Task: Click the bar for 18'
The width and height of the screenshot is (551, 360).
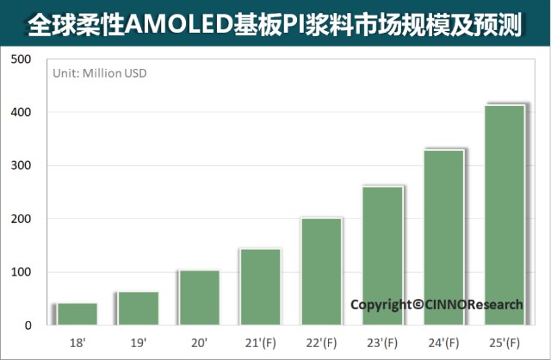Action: pos(77,314)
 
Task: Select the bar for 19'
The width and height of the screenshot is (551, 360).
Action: pos(138,308)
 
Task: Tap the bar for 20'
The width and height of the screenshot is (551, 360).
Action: pos(199,298)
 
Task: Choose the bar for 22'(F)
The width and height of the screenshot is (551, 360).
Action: pos(321,271)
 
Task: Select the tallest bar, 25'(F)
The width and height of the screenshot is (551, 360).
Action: pos(505,215)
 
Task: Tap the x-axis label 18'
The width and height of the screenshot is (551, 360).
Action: pos(77,343)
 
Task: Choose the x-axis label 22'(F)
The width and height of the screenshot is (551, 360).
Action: pos(321,343)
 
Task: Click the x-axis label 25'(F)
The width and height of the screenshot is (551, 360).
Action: pos(505,343)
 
